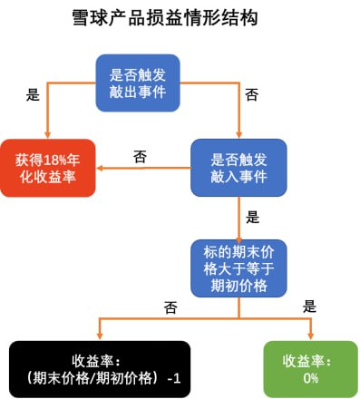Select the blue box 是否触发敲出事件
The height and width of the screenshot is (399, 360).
138,83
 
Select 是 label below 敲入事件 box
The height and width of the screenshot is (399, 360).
252,218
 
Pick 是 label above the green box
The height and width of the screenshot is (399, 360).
308,307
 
